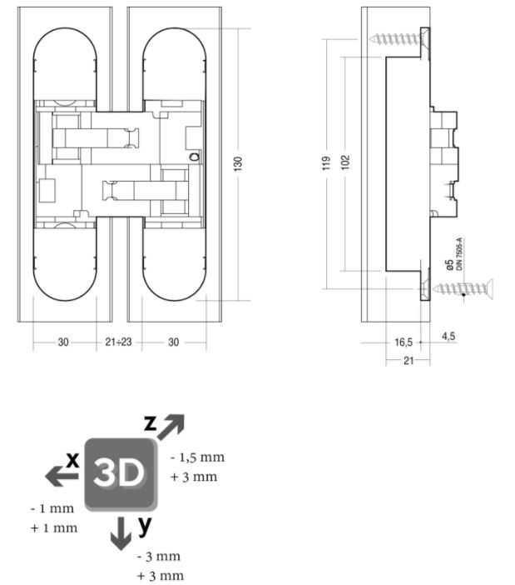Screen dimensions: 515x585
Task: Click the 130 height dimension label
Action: coord(238,164)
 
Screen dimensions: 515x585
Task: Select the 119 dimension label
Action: coord(326,163)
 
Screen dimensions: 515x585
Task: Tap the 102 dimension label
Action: coord(345,162)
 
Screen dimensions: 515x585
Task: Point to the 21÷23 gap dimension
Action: coord(118,342)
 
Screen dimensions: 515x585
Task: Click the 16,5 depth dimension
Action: coord(404,342)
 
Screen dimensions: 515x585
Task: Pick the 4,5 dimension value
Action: coord(448,336)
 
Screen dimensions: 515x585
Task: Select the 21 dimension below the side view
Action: coord(409,360)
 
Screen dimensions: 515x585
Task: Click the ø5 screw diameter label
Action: coord(449,264)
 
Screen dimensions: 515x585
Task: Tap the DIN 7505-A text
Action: coord(459,253)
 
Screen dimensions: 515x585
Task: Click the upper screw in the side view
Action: coord(399,38)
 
